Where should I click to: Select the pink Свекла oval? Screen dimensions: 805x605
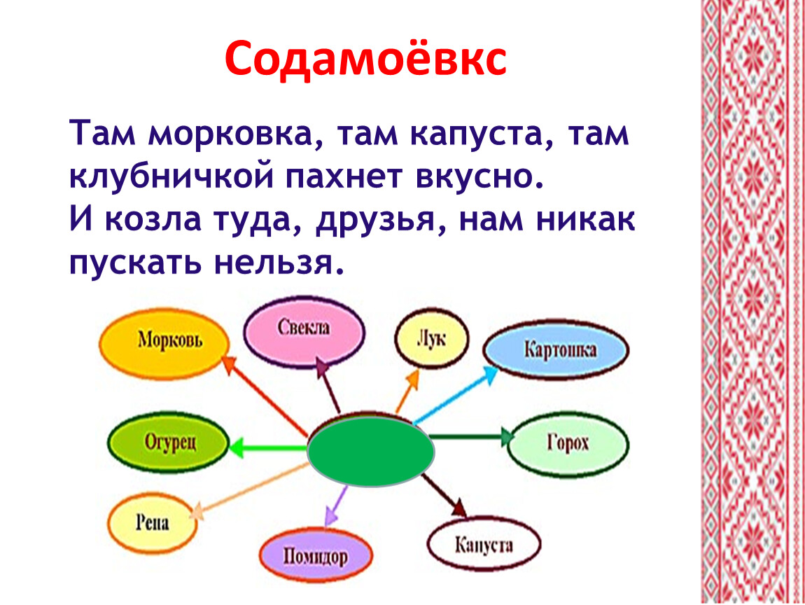(304, 331)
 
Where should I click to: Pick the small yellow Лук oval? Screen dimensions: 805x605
(432, 338)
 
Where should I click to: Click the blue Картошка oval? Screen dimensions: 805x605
(556, 349)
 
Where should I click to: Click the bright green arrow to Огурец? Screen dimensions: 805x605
(269, 447)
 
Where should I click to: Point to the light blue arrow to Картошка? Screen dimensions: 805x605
(456, 394)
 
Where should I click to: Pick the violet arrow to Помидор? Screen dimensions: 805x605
(337, 506)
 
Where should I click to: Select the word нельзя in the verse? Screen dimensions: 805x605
(278, 263)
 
